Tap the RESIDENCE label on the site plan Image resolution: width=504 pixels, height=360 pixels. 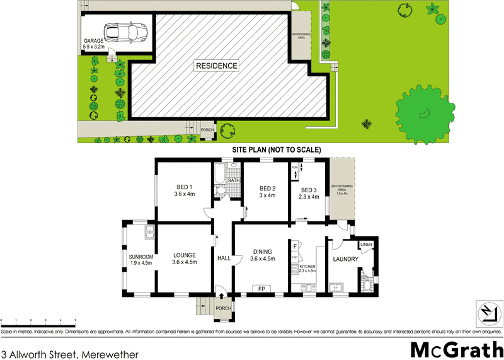(x=216, y=66)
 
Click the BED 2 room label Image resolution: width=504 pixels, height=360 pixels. (x=268, y=192)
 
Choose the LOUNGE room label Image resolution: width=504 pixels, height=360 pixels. (x=185, y=258)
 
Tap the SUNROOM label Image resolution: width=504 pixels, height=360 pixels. (x=140, y=259)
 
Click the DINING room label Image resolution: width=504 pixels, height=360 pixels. (x=262, y=255)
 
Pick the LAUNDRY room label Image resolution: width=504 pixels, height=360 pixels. (x=346, y=259)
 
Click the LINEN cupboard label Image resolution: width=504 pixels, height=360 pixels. (x=366, y=245)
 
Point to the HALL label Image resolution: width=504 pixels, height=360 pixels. (x=224, y=258)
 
